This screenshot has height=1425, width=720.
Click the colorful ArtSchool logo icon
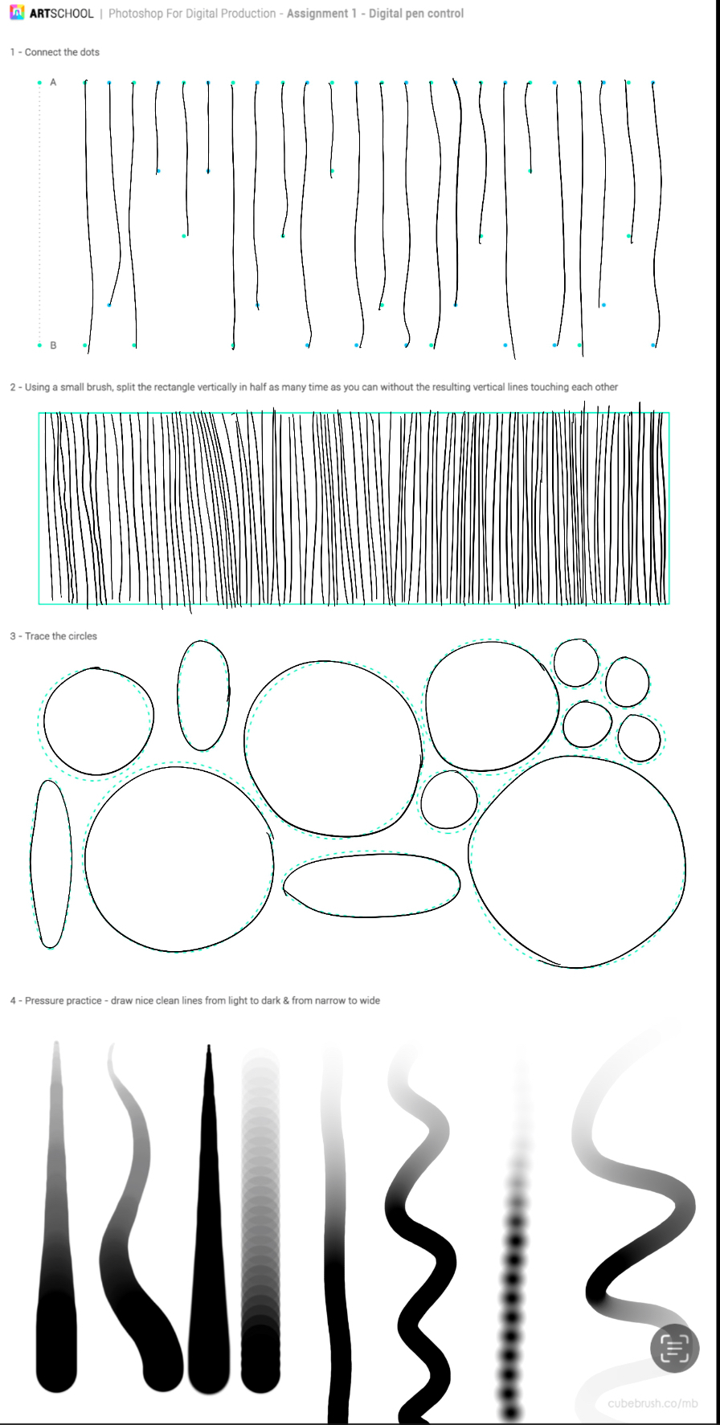(16, 13)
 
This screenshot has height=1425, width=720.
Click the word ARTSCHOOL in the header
(61, 14)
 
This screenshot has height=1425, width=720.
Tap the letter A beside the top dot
(53, 82)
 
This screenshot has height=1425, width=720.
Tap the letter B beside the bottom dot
(53, 345)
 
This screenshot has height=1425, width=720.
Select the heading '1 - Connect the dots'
(55, 52)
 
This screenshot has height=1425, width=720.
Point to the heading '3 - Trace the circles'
(53, 636)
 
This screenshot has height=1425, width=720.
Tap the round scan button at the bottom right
(674, 1349)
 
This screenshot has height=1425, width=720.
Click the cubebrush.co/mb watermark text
(652, 1403)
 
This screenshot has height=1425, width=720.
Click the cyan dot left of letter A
(39, 82)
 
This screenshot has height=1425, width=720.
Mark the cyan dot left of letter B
(39, 345)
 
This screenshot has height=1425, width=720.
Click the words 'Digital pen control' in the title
(416, 14)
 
